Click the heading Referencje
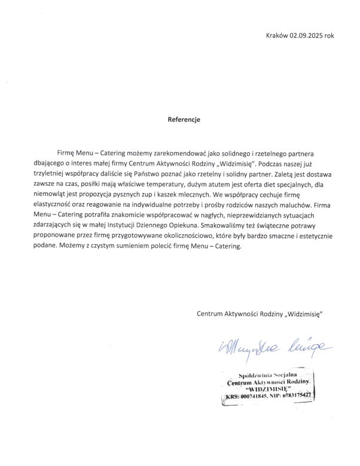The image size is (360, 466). click(x=184, y=119)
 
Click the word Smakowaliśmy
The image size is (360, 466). click(x=246, y=227)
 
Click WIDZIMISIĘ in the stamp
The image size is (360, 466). click(x=267, y=389)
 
